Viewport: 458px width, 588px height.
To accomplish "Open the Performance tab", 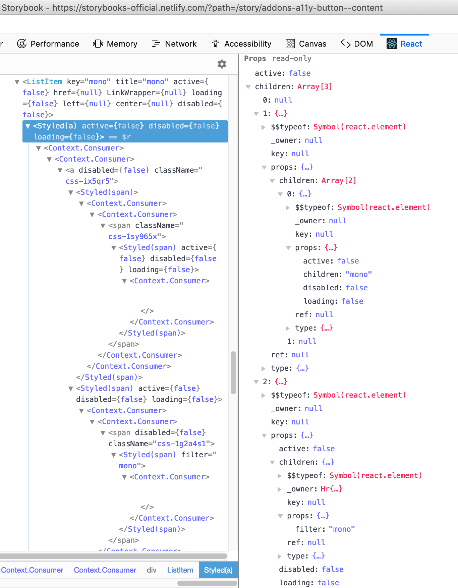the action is point(48,44).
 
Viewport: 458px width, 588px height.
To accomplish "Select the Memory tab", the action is point(115,44).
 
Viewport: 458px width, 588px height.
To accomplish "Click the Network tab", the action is point(174,44).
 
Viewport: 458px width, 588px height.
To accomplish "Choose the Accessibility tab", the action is point(241,44).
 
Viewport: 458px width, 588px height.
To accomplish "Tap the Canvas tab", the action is point(306,44).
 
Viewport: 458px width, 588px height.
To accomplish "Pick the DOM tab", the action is point(357,44).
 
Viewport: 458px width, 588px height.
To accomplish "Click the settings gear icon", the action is point(222,64).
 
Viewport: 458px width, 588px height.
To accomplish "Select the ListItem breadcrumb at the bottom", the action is point(180,570).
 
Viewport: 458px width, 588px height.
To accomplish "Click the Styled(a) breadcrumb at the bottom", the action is point(218,570).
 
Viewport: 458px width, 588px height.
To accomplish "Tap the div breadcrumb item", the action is point(152,570).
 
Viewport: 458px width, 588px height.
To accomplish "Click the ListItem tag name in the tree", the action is point(44,82).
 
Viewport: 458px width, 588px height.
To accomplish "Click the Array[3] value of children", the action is point(314,87).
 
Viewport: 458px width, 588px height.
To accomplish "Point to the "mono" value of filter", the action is point(342,529).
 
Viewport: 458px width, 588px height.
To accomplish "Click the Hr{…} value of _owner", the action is point(331,489).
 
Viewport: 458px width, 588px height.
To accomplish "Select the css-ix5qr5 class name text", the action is point(88,181).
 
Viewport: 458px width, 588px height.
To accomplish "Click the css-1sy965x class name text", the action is point(133,237).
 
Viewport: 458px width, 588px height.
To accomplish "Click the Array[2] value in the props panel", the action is point(339,181).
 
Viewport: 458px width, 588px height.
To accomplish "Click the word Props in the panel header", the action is point(255,59).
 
